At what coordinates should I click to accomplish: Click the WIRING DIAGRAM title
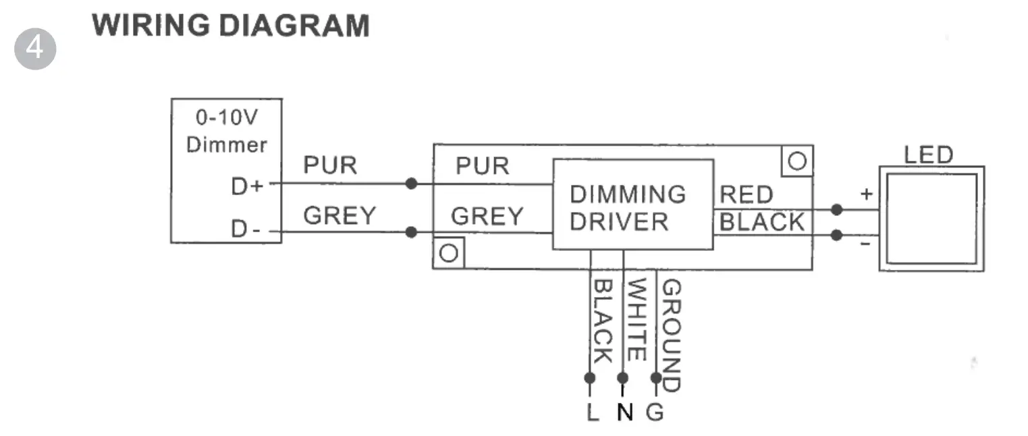(231, 26)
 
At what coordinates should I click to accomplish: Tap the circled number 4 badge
(34, 49)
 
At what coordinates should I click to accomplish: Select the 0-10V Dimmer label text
(226, 131)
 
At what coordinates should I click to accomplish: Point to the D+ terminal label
(247, 187)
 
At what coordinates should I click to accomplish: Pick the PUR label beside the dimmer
(330, 165)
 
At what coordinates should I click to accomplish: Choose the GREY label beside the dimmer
(340, 215)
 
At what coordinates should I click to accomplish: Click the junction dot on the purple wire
(411, 183)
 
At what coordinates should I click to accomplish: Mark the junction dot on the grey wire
(411, 232)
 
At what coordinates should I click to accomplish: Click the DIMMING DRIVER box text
(628, 208)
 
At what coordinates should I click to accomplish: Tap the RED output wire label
(747, 196)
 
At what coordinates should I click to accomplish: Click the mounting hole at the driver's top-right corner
(797, 161)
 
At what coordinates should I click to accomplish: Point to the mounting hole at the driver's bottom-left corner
(449, 253)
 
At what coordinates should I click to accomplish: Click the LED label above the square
(928, 155)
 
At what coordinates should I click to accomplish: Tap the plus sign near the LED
(867, 194)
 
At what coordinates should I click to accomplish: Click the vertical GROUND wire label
(670, 335)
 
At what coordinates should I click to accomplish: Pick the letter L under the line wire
(593, 412)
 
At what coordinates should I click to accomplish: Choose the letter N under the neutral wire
(625, 412)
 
